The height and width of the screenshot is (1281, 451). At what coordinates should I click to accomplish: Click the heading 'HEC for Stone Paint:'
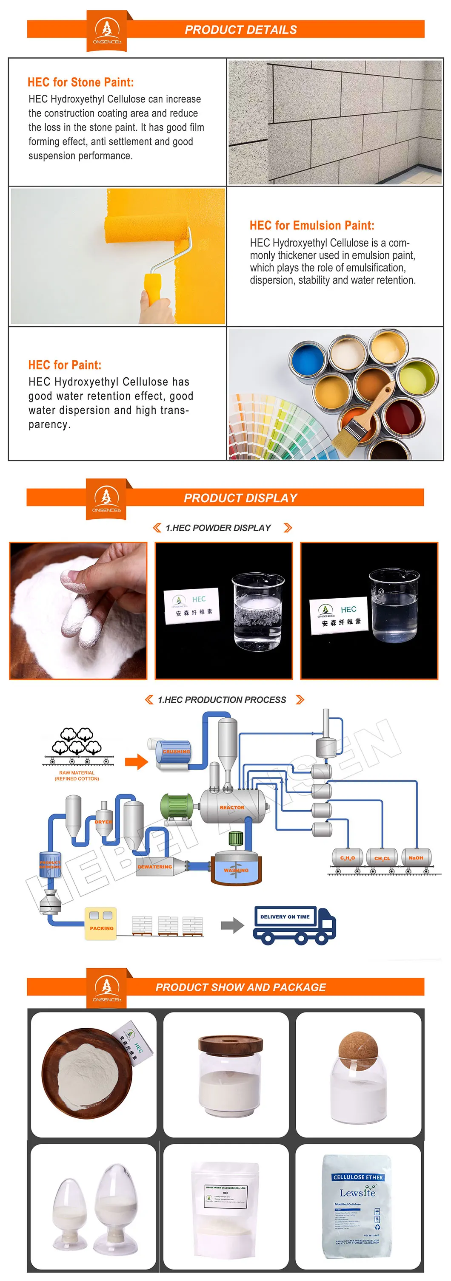[81, 82]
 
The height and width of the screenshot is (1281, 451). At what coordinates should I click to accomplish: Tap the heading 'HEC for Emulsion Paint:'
[311, 225]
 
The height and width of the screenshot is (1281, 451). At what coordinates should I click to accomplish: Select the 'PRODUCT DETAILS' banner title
[240, 30]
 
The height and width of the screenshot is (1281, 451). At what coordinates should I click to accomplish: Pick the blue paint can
[308, 359]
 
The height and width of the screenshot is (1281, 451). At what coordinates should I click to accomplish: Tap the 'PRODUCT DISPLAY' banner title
[240, 498]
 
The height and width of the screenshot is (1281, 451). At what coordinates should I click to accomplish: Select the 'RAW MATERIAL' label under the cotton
[77, 773]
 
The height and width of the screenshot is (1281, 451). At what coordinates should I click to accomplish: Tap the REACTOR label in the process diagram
[232, 807]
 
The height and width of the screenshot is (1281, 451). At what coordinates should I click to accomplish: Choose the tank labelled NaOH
[416, 857]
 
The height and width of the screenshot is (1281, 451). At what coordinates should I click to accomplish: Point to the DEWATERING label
[155, 866]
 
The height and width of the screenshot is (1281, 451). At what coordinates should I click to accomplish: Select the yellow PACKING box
[101, 923]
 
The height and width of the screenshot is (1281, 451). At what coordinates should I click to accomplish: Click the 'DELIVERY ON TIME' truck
[294, 925]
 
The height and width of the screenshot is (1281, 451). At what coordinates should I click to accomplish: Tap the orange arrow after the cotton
[136, 761]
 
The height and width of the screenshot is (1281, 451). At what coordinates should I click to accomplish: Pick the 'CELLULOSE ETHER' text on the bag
[358, 1177]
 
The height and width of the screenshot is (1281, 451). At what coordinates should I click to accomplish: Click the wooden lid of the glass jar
[231, 1044]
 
